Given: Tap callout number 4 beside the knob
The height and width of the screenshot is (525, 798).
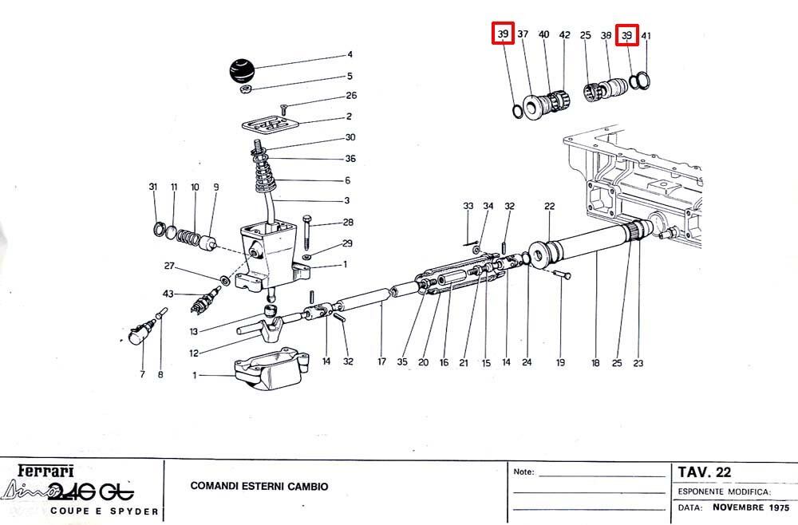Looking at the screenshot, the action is click(x=350, y=54).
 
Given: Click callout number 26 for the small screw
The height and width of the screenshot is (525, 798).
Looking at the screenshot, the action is click(x=351, y=96).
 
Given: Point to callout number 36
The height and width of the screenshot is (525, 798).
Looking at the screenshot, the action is click(x=350, y=159).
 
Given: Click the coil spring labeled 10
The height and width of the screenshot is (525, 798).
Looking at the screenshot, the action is click(x=188, y=236).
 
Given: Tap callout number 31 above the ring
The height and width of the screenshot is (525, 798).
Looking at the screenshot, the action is click(x=153, y=187).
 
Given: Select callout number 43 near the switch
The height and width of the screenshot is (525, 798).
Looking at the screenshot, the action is click(x=168, y=294).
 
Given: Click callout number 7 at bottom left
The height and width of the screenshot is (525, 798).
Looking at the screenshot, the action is click(x=142, y=374).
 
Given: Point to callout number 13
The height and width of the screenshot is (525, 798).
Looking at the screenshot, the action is click(x=193, y=332).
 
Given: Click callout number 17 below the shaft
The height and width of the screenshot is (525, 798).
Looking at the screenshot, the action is click(x=381, y=361).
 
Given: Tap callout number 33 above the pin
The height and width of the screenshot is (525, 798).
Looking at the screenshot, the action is click(x=468, y=206).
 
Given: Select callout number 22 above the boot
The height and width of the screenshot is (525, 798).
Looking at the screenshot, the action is click(x=550, y=206).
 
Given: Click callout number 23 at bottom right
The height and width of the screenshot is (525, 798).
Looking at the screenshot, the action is click(x=638, y=363).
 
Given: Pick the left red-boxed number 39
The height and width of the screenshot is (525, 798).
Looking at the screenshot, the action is click(x=504, y=34).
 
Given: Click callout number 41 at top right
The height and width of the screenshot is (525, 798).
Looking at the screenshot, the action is click(x=646, y=36).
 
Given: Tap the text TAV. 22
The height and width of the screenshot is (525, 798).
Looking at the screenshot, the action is click(x=705, y=472).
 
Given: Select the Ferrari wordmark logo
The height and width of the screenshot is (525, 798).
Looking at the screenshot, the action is click(x=45, y=471).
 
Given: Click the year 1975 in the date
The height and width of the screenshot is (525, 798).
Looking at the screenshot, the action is click(x=779, y=507).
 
